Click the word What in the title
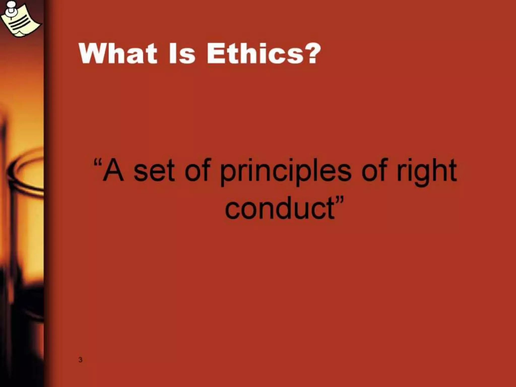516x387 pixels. [x=118, y=53]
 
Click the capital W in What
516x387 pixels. [x=92, y=53]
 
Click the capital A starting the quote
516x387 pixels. [x=113, y=171]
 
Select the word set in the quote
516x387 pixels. [x=154, y=172]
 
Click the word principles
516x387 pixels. [x=285, y=172]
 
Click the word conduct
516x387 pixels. [x=279, y=209]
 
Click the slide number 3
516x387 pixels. [x=80, y=360]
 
